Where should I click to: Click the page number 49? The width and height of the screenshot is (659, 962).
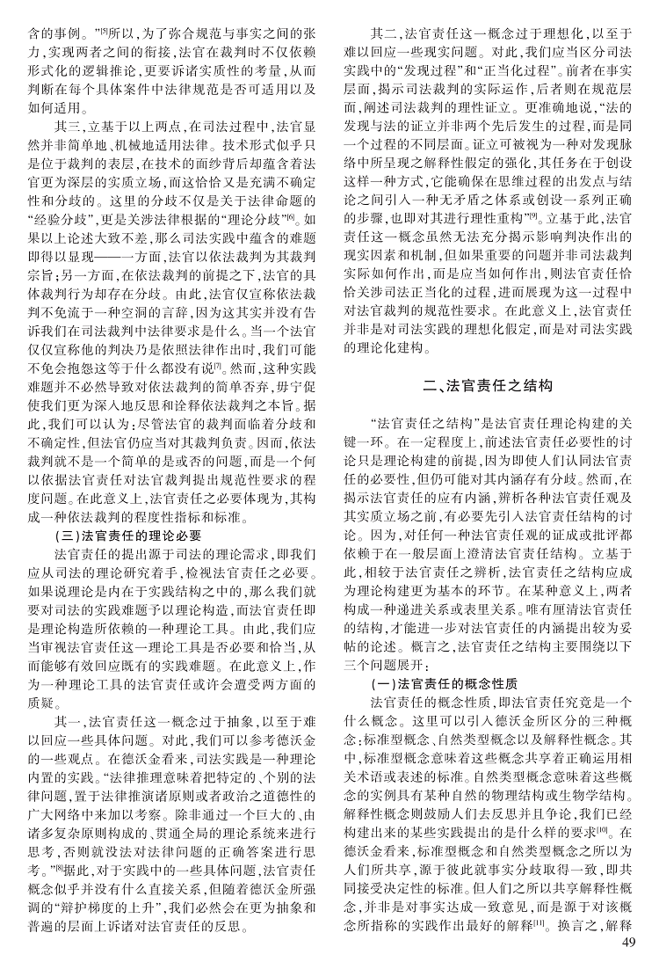[626, 943]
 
